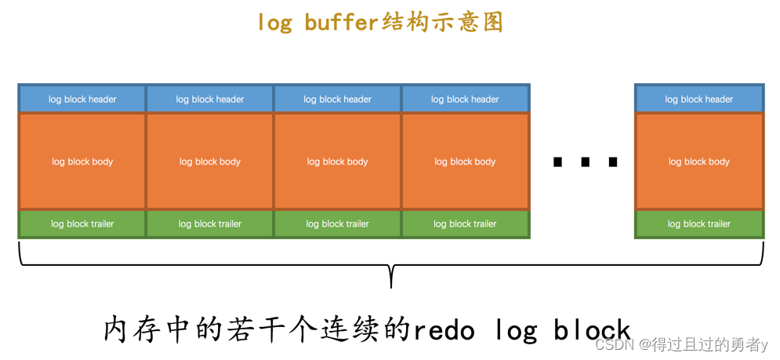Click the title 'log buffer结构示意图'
point(380,22)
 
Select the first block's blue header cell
point(82,99)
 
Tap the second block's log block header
point(210,99)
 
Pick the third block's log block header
point(337,99)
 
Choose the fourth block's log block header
point(465,99)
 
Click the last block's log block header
point(698,99)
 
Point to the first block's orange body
point(82,162)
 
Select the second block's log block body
point(210,162)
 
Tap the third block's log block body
point(337,162)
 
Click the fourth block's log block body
point(465,162)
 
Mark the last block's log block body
point(698,162)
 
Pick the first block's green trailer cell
point(82,224)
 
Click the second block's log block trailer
point(210,224)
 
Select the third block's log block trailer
point(337,224)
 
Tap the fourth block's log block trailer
point(465,224)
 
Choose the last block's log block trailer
point(698,224)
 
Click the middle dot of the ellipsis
point(586,162)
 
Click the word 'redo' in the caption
point(444,330)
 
